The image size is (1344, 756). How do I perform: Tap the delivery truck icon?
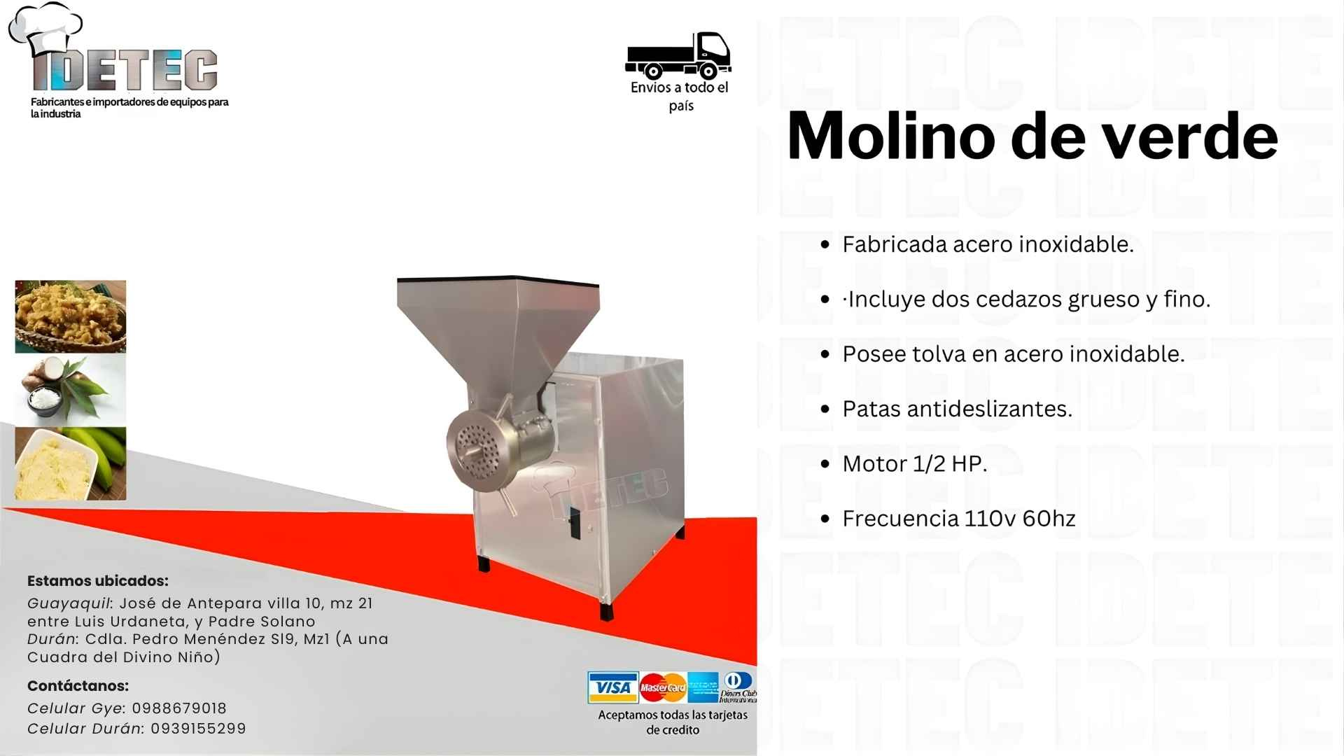click(678, 55)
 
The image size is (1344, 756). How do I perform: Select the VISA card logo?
click(612, 687)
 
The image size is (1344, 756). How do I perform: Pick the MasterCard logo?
click(663, 687)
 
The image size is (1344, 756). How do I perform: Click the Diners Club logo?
click(738, 687)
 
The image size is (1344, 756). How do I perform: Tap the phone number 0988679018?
click(179, 708)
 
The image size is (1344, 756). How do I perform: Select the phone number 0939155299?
click(198, 729)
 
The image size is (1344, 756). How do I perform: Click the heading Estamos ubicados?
click(98, 581)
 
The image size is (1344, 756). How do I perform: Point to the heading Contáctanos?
click(78, 686)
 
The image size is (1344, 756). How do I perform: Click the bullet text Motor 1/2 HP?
click(914, 463)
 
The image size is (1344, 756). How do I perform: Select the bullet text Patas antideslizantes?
click(957, 409)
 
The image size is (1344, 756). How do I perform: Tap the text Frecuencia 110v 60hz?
click(958, 519)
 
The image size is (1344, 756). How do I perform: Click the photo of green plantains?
click(71, 463)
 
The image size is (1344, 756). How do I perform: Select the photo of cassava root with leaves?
click(71, 389)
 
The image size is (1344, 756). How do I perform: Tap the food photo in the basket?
click(71, 316)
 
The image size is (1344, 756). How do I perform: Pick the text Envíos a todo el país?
click(680, 97)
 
